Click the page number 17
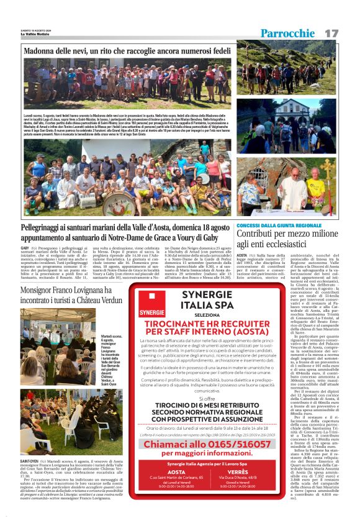pos(331,32)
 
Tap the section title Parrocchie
pos(288,33)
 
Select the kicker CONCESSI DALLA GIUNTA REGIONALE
pos(279,225)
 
